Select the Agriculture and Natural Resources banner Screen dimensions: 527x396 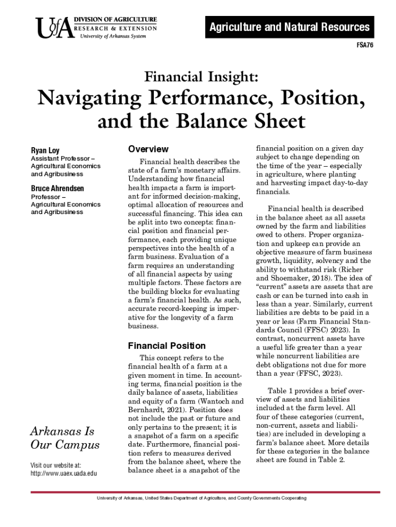[x=290, y=27]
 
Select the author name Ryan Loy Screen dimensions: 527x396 [x=45, y=151]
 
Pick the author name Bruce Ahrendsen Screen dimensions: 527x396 [x=58, y=188]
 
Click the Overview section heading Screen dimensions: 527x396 [x=148, y=149]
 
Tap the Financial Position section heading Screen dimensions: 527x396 [x=167, y=346]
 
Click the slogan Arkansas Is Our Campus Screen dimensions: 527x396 [x=65, y=437]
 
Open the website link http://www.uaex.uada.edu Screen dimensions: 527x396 [x=64, y=473]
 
